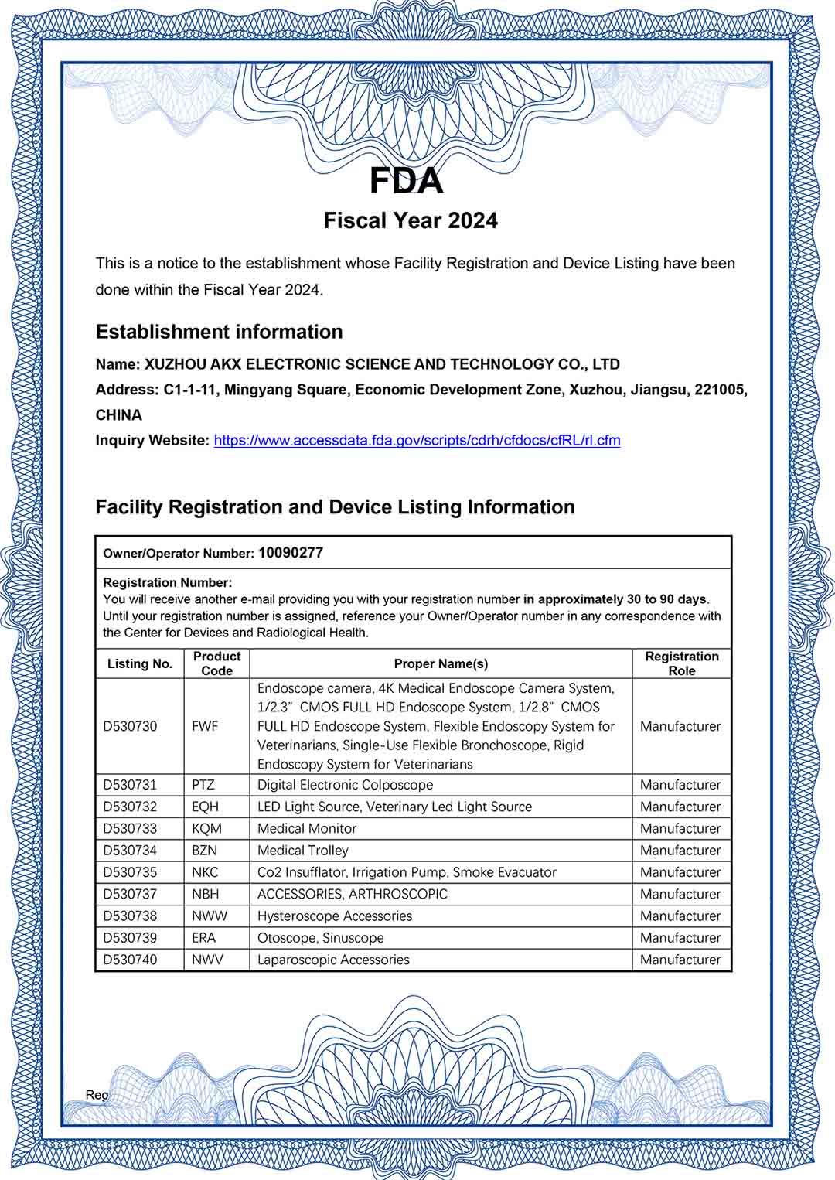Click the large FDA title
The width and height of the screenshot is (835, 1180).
coord(407,181)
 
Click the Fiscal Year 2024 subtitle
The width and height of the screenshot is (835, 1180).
coord(410,220)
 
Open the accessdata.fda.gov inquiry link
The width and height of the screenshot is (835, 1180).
coord(417,440)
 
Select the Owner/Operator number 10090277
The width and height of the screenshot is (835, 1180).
coord(291,553)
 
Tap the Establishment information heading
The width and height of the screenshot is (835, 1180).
coord(219,332)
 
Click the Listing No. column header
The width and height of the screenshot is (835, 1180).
coord(139,663)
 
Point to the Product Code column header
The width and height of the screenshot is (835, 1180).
coord(216,663)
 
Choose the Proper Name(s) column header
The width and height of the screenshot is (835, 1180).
coord(441,663)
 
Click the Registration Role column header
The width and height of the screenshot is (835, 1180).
coord(681,663)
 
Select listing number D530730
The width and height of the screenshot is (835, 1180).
coord(130,726)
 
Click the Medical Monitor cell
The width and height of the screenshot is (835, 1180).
coord(307,828)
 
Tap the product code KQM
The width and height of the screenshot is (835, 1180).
coord(206,828)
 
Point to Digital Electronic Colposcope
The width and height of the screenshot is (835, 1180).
coord(345,785)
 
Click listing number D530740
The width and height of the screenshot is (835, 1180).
coord(130,960)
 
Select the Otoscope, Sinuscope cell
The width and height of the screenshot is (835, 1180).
coord(320,938)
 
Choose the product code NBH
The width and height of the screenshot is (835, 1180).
coord(206,894)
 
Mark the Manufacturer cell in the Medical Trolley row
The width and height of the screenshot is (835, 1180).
coord(680,851)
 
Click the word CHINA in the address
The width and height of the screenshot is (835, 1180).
coord(119,415)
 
